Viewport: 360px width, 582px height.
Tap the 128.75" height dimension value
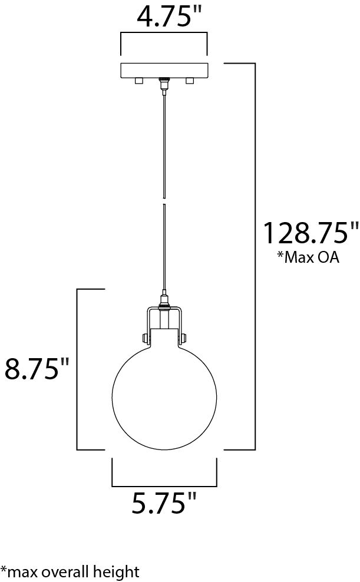pos(311,233)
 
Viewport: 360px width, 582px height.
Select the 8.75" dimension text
pos(37,369)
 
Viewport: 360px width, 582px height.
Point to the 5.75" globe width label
pos(164,503)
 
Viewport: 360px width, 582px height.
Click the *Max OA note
pos(308,257)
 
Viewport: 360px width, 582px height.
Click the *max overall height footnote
pos(70,572)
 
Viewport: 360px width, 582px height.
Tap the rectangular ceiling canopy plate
pos(164,71)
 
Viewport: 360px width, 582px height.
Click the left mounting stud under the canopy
pos(139,81)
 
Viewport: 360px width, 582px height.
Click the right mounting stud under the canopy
pos(190,81)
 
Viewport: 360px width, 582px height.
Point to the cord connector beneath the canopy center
pos(164,85)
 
